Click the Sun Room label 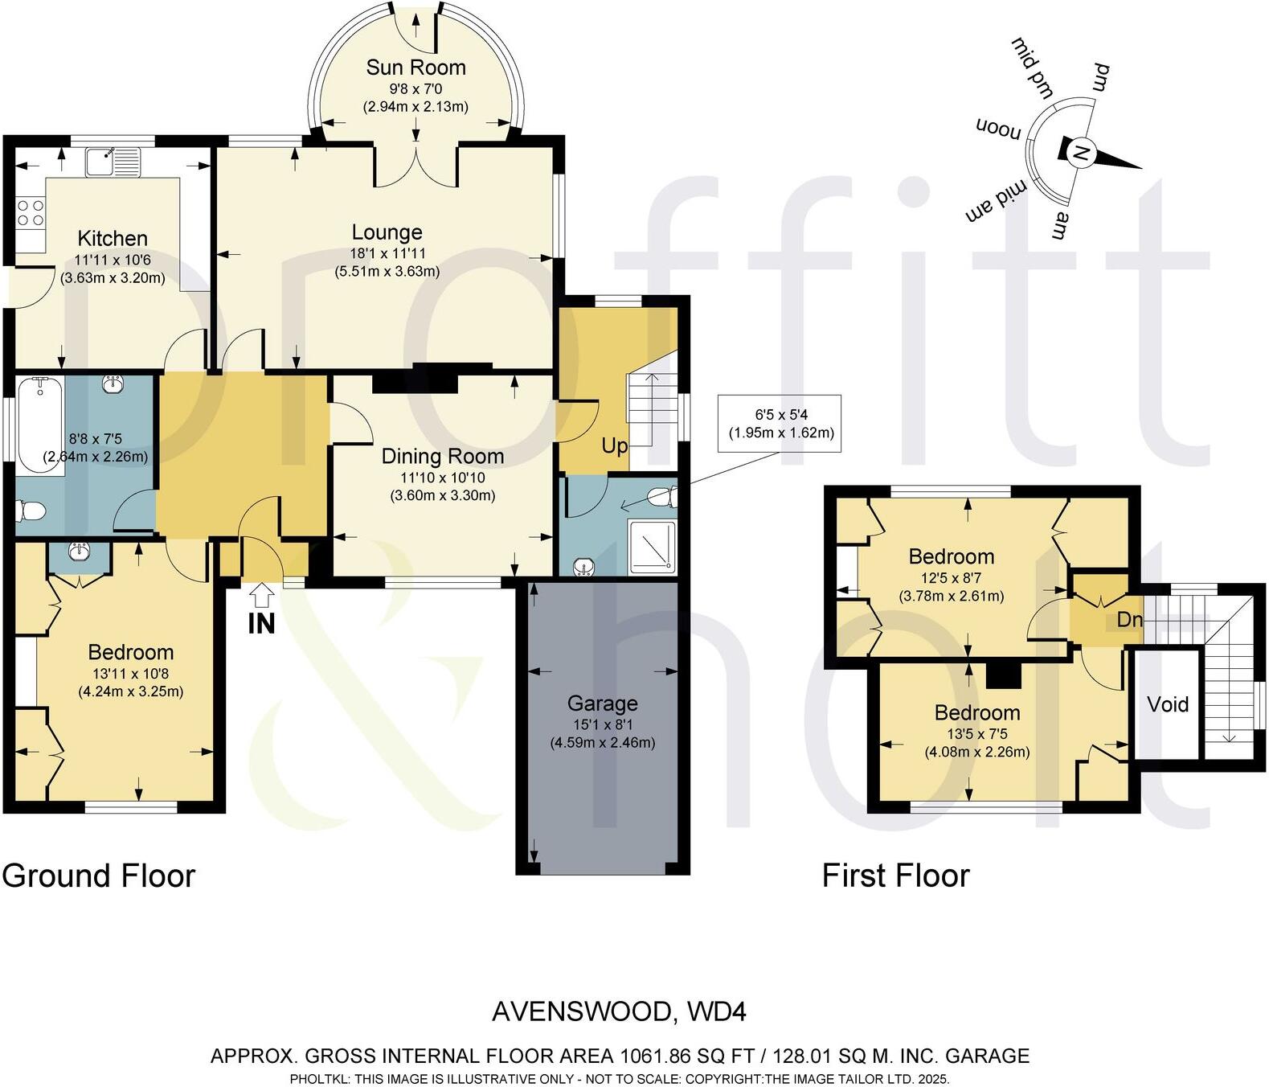[415, 68]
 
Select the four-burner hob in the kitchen [31, 213]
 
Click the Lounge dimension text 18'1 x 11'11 [387, 253]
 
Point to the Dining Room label [442, 457]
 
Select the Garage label [602, 703]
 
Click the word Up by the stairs [614, 445]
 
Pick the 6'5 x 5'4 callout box [780, 424]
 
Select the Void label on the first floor [1167, 704]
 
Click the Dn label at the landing [1129, 619]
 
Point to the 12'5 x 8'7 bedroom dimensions [951, 577]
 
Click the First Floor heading [895, 876]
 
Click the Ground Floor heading [99, 876]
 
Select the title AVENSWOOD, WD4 [619, 1011]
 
